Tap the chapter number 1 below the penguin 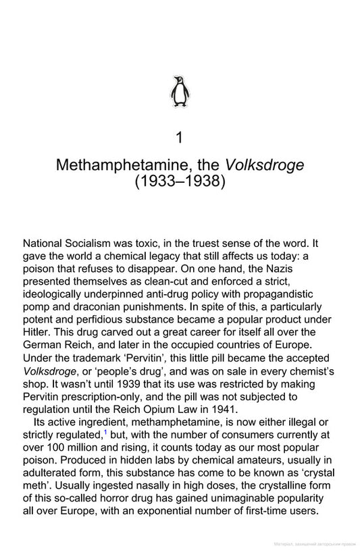(179, 138)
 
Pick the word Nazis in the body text (313, 268)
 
